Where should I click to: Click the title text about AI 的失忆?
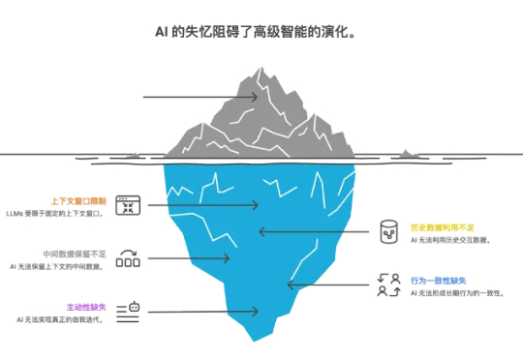(x=261, y=31)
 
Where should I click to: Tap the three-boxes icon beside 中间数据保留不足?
(x=129, y=258)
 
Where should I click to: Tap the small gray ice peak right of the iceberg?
(x=406, y=153)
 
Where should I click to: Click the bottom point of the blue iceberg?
(x=254, y=340)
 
